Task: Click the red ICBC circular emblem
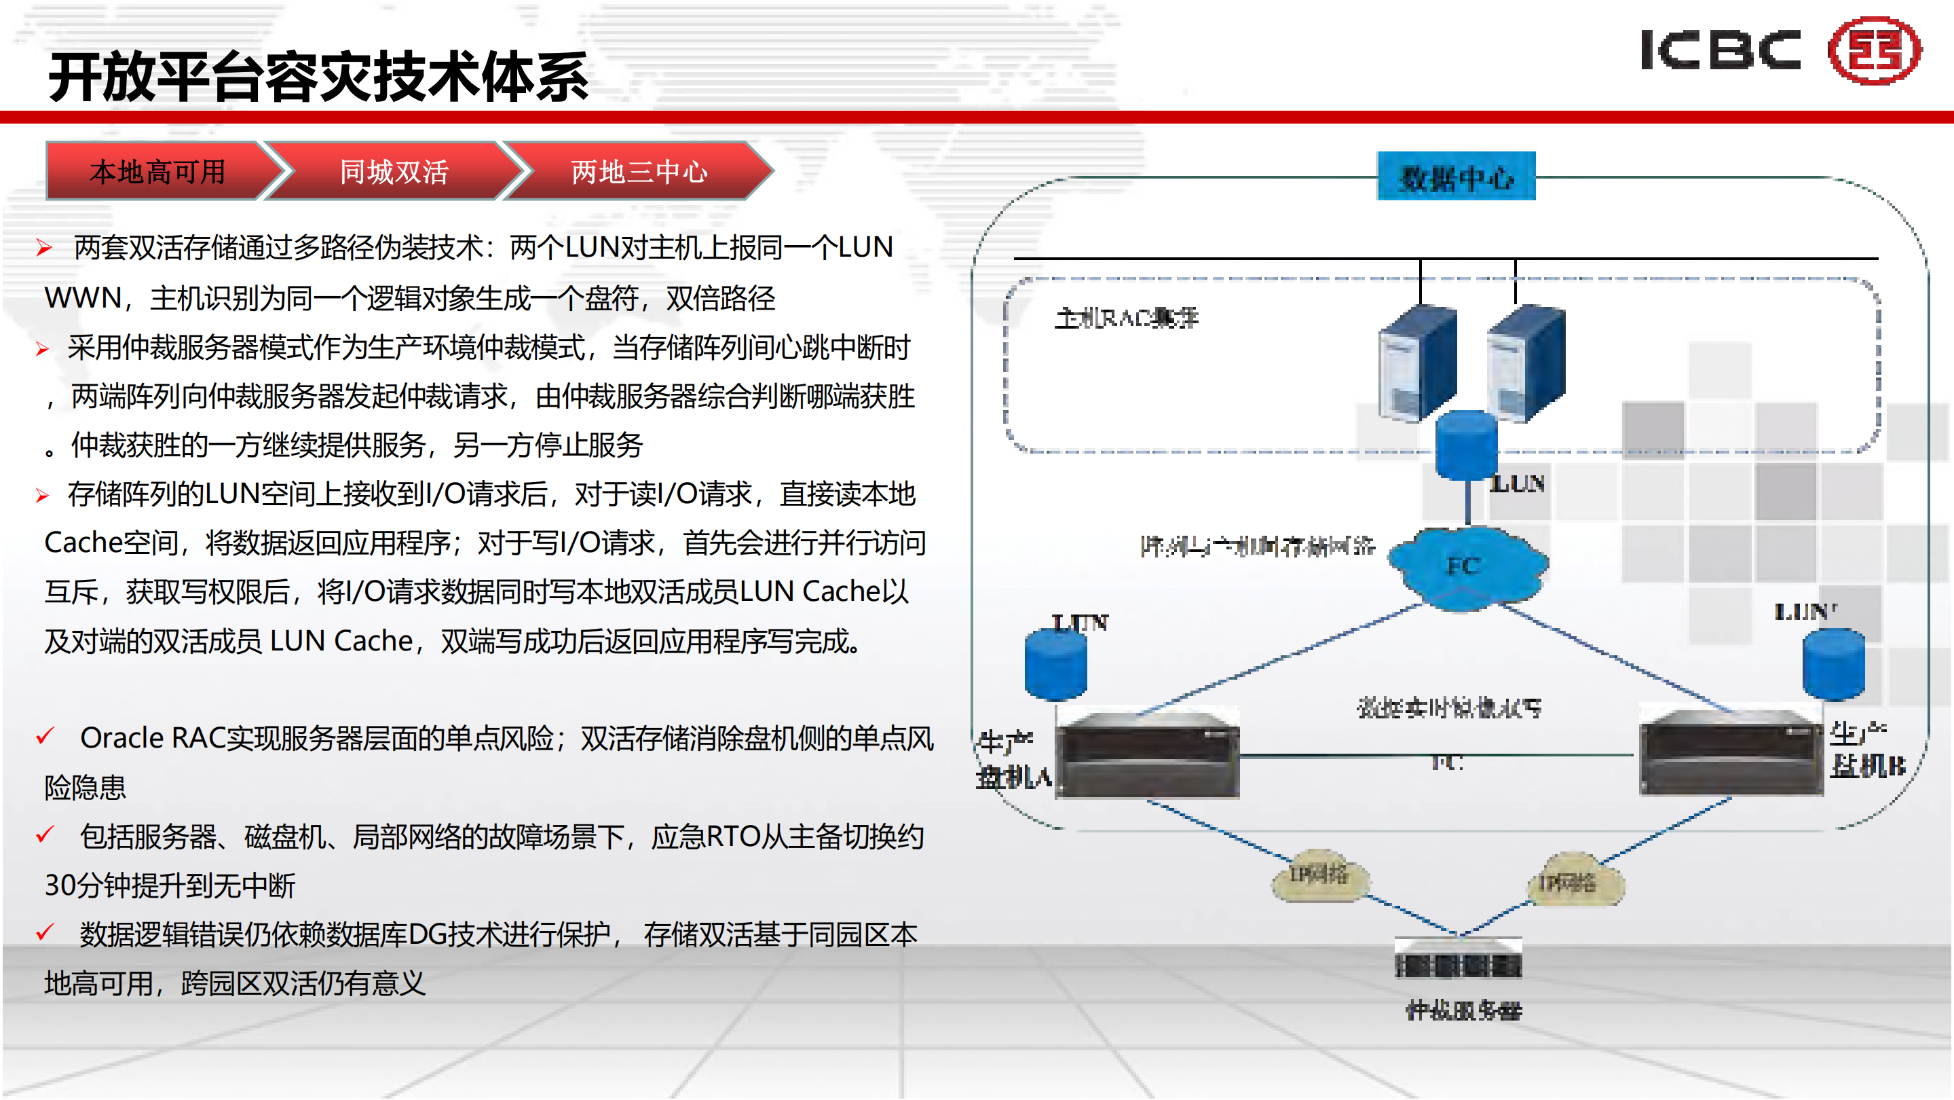coord(1875,51)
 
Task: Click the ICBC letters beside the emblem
coord(1721,51)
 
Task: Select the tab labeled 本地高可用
coord(157,171)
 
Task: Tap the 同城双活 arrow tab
coord(394,171)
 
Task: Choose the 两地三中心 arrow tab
coord(639,171)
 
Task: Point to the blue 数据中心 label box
coord(1456,177)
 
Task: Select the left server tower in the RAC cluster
coord(1417,363)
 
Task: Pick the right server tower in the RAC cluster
coord(1526,363)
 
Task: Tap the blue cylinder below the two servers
coord(1466,445)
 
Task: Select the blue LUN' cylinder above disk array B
coord(1833,664)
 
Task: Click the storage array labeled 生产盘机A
coord(1148,755)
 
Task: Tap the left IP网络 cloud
coord(1320,876)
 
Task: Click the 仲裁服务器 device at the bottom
coord(1458,959)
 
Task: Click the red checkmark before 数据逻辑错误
coord(45,932)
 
